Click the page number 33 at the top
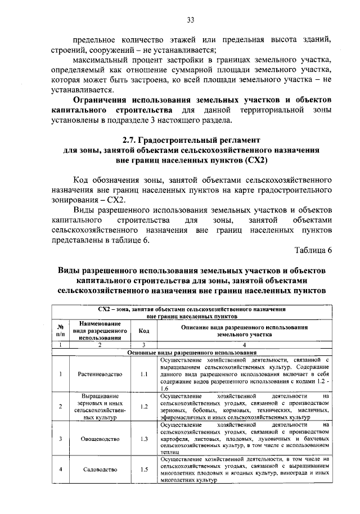191,21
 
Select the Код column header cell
144,331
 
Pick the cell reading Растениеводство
99,373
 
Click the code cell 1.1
144,373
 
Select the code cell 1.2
144,406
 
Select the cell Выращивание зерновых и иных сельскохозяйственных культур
99,406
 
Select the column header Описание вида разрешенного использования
244,331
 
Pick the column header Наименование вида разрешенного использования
99,331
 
